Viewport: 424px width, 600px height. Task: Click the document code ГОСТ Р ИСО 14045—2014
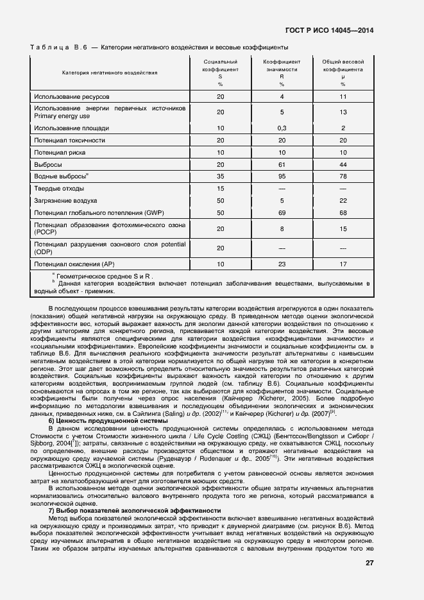point(329,30)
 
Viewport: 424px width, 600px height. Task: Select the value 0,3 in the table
point(282,128)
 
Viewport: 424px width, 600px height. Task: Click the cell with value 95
point(282,176)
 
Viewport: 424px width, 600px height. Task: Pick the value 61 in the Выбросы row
point(282,164)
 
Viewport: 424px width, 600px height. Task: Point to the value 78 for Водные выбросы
point(343,176)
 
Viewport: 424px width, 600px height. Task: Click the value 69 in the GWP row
point(282,212)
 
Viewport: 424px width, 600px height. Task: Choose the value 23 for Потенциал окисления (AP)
point(282,264)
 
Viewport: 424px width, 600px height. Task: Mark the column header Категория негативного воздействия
point(110,73)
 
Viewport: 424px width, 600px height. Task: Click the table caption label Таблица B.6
point(58,47)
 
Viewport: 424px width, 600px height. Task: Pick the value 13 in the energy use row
point(343,112)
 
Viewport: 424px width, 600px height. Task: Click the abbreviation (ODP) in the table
point(43,252)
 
